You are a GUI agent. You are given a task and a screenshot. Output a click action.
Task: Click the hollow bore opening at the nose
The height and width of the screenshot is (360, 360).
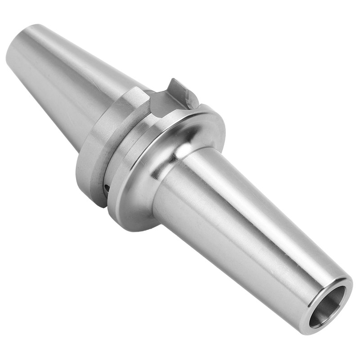point(327,306)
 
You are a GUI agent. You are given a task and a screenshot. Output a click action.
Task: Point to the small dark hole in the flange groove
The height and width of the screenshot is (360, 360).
point(106,187)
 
